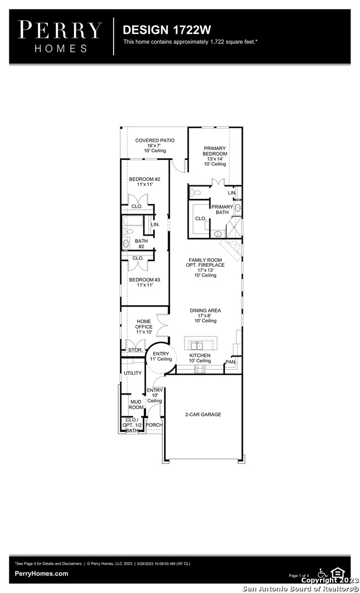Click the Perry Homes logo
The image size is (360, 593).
coord(60,37)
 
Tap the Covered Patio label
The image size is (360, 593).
coord(155,145)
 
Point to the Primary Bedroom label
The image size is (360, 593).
coord(215,156)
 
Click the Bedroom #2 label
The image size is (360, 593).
coord(145,182)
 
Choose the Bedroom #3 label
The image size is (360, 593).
coord(145,283)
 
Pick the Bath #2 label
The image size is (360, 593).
coord(142,244)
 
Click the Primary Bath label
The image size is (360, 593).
coord(222,210)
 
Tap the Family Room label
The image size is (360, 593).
coord(205,267)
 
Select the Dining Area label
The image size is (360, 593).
coord(205,315)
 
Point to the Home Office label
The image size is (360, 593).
coord(144,326)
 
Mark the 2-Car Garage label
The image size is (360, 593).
coord(203,415)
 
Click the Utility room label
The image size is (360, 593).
coord(133,373)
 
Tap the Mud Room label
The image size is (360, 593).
coord(136,405)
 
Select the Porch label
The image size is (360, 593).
coord(154,425)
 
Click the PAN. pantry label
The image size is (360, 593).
coord(230,362)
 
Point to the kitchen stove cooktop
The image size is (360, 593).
coord(200,369)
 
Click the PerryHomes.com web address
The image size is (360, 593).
coord(42,574)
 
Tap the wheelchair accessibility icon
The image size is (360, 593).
coord(323,573)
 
